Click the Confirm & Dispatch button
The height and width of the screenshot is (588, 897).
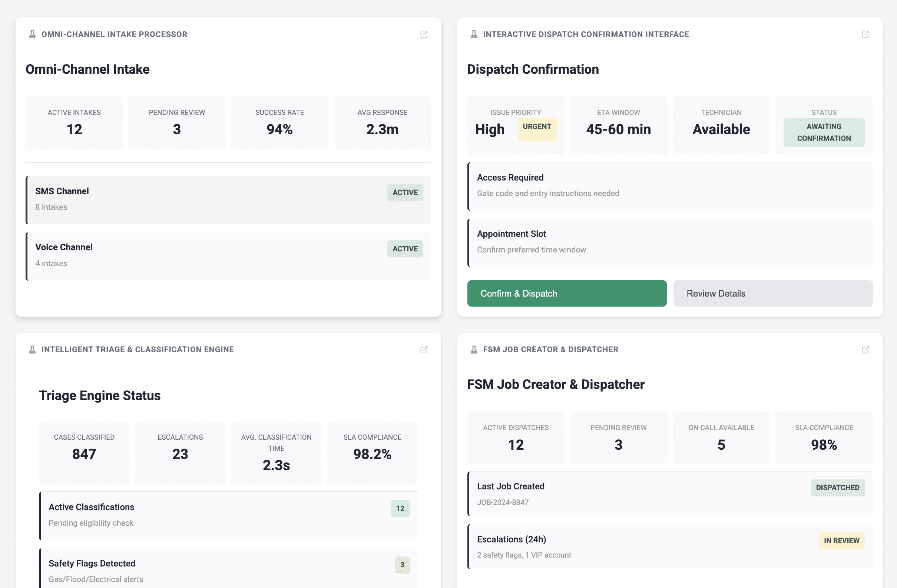(566, 293)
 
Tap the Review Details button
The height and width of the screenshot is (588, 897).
(772, 293)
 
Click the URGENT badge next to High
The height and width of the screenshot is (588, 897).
(537, 127)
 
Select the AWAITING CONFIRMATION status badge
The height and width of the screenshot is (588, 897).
(824, 132)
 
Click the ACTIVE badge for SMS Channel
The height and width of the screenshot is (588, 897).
(405, 193)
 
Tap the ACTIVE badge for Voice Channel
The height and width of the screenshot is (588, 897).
(405, 249)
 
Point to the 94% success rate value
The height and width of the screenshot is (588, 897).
(279, 129)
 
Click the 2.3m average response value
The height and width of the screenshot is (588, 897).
(382, 129)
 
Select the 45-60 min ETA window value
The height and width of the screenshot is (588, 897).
(618, 129)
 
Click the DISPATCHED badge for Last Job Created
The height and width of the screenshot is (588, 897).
(837, 488)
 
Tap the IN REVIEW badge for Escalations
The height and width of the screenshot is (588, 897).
(841, 541)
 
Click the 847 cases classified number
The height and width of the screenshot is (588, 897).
(84, 454)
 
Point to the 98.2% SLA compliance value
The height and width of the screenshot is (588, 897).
(372, 454)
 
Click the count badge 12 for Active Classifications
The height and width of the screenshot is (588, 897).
(400, 508)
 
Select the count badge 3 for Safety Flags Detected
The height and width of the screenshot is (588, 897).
(402, 565)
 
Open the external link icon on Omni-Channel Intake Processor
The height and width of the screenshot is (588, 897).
(424, 34)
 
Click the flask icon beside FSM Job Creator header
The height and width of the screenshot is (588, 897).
(474, 349)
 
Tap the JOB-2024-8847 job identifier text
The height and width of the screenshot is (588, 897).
(502, 502)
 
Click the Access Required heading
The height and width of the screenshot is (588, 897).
(510, 178)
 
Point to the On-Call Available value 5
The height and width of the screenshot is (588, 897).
(721, 445)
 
